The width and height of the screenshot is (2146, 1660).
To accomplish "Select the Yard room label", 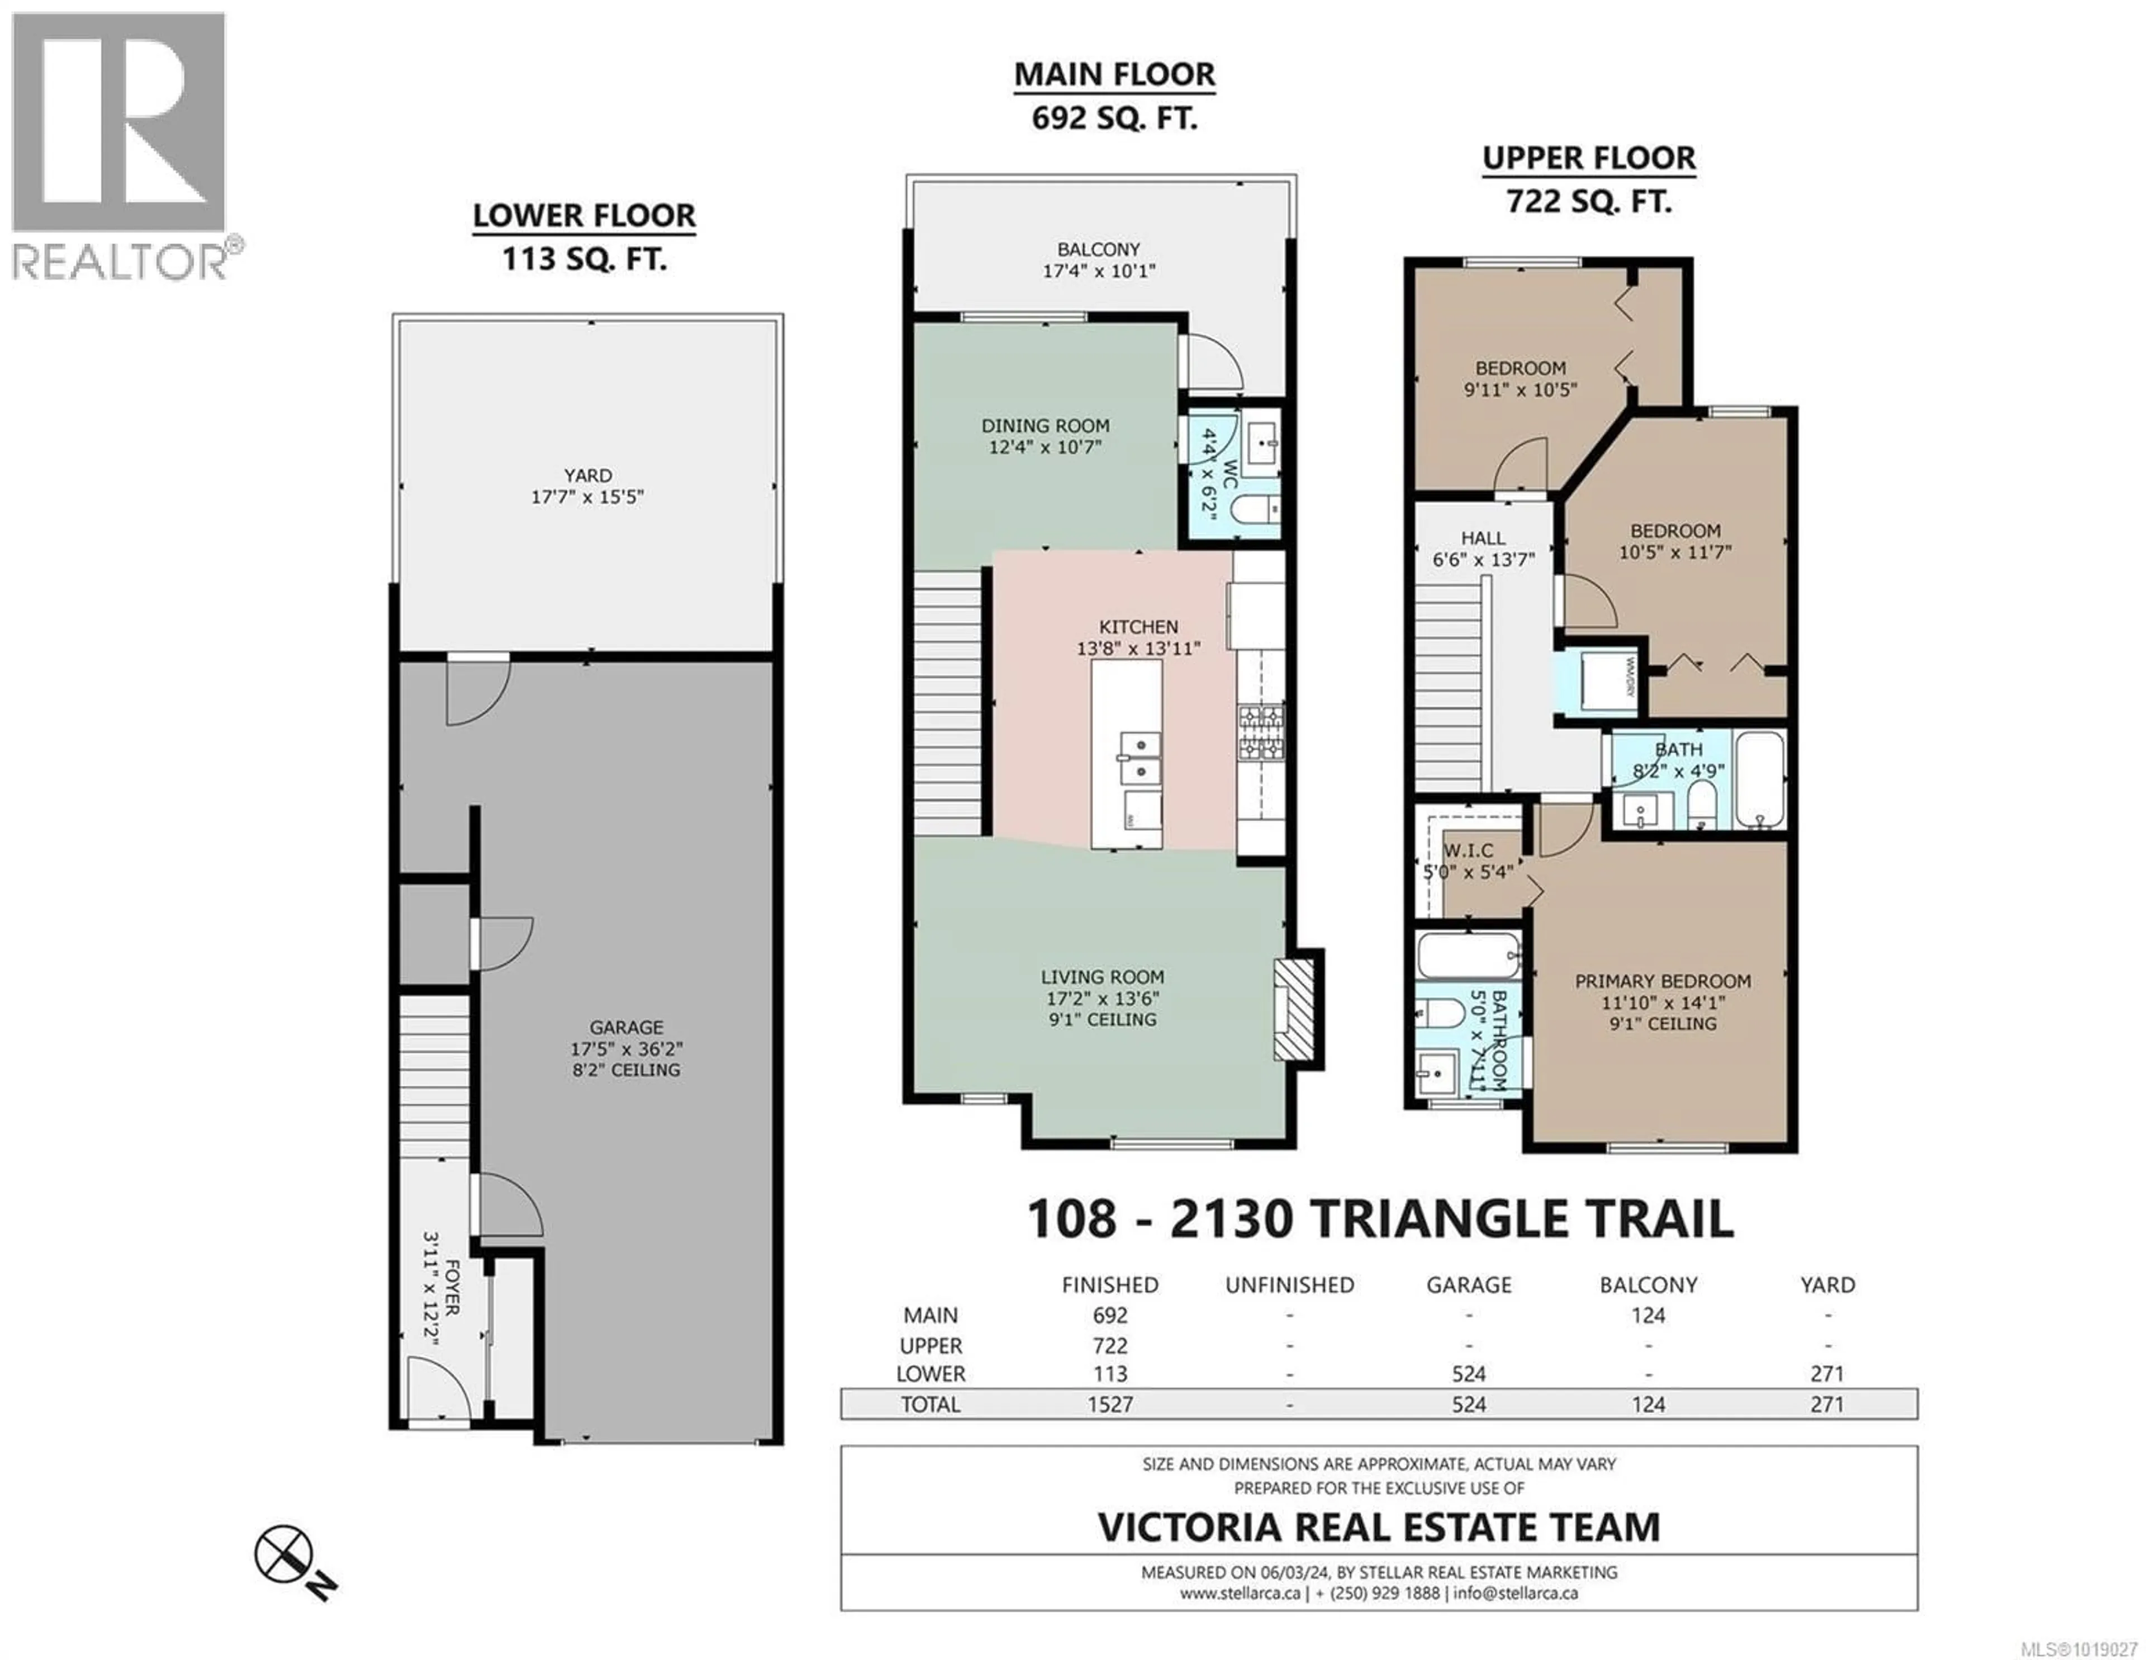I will point(587,476).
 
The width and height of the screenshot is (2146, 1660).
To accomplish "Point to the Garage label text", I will point(626,1027).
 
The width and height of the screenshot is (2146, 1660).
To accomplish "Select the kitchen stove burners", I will point(1261,732).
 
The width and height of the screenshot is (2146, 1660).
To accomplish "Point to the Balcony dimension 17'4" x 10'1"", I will point(1099,270).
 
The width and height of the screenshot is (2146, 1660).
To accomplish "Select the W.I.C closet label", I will point(1468,850).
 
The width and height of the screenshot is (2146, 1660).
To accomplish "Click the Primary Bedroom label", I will point(1663,981).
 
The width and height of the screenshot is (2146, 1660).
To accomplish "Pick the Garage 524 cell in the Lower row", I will point(1468,1374).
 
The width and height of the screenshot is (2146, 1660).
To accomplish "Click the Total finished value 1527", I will point(1109,1404).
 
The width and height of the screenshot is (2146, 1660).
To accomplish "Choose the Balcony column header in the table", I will point(1648,1285).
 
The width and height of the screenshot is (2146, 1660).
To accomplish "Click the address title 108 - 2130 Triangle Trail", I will point(1380,1219).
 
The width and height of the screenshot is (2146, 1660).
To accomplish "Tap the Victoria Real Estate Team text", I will point(1378,1526).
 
